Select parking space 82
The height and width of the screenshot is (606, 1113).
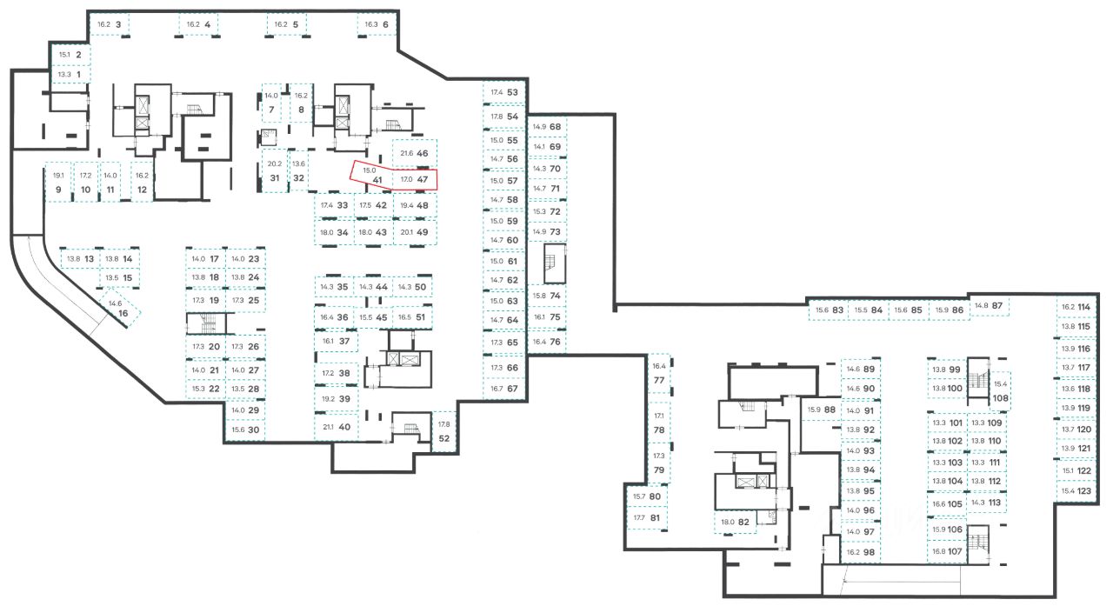tap(735, 522)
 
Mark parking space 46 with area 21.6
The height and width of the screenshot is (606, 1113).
tap(415, 153)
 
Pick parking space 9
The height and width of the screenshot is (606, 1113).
tap(57, 183)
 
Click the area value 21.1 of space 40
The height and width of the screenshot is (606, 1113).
tap(328, 427)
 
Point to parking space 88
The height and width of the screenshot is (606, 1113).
tap(821, 410)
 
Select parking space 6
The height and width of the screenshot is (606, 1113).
tap(378, 24)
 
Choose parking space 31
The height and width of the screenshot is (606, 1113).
tap(274, 171)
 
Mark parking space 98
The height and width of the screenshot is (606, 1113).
tap(860, 551)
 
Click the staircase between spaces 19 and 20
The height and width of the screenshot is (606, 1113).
tap(206, 323)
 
